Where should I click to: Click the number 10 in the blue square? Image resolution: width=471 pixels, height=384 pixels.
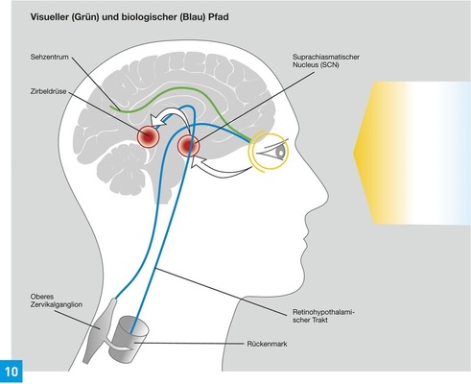point(12,371)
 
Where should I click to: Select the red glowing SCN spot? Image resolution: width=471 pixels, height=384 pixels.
point(188,148)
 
